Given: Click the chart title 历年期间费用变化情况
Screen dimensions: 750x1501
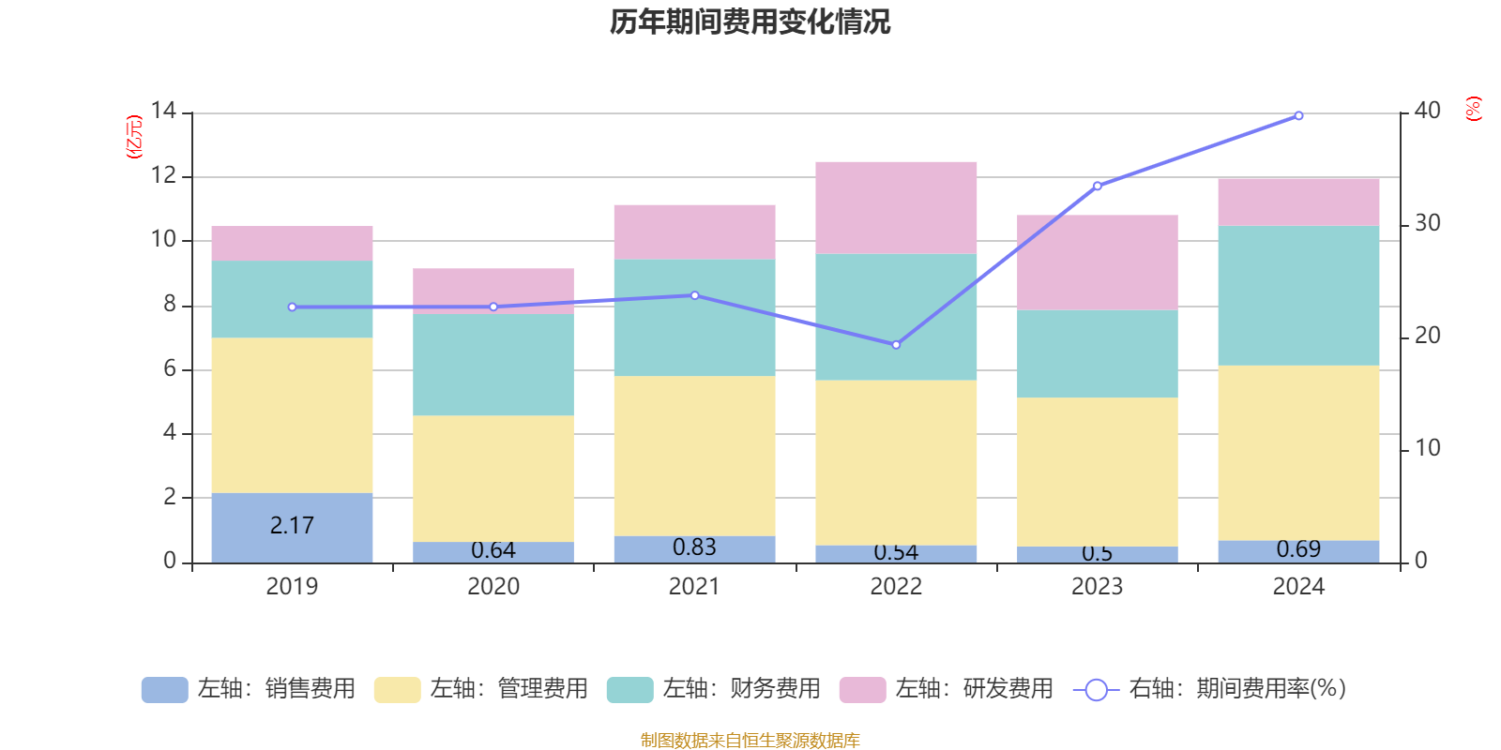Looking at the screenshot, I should click(x=750, y=22).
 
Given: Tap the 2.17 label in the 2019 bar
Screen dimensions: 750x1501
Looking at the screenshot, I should click(x=292, y=526).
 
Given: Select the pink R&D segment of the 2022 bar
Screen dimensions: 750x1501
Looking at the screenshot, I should click(x=896, y=207).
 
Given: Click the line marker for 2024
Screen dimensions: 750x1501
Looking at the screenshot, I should click(x=1298, y=115).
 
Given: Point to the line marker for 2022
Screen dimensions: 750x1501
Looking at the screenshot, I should click(x=896, y=345).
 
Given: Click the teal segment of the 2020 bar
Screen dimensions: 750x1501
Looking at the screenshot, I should click(x=493, y=365).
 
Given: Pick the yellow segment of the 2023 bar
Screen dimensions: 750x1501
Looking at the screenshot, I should click(x=1097, y=472).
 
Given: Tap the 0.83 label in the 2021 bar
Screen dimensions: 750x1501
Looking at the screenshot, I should click(x=694, y=547).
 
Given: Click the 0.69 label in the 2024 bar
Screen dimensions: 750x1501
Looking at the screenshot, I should click(x=1298, y=549).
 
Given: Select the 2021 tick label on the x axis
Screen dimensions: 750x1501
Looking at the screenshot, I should click(x=694, y=587).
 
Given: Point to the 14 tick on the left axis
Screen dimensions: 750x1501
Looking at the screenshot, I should click(x=163, y=112).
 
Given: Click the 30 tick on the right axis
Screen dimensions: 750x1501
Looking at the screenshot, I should click(x=1427, y=224).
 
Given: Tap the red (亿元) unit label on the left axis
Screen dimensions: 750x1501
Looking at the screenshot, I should click(x=134, y=137).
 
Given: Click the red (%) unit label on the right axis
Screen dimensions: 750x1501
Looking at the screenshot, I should click(x=1473, y=109).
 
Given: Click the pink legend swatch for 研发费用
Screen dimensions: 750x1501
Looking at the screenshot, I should click(x=862, y=690).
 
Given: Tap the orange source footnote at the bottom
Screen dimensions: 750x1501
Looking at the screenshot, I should click(x=750, y=741).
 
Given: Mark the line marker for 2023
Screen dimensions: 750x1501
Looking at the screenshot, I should click(x=1097, y=186).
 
